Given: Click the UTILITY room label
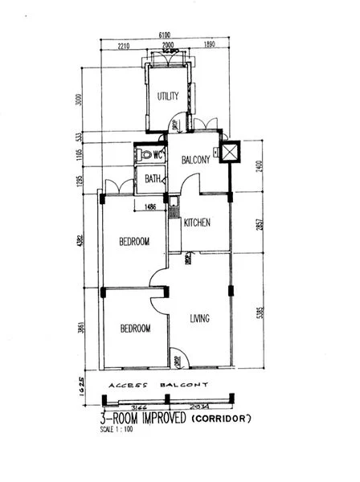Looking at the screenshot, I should coord(168,96).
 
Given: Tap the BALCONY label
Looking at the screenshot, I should coord(195,160).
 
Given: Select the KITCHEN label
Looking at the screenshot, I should coord(197,223).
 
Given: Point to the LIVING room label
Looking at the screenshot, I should coord(199,319).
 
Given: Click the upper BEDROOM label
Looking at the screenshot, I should coord(135,241).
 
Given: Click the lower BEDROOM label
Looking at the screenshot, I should coord(135,329).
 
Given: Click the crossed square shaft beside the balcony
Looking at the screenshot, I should coord(230,153).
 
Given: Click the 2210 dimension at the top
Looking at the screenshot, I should coord(123,46).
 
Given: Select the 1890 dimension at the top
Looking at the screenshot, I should coord(211,46).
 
